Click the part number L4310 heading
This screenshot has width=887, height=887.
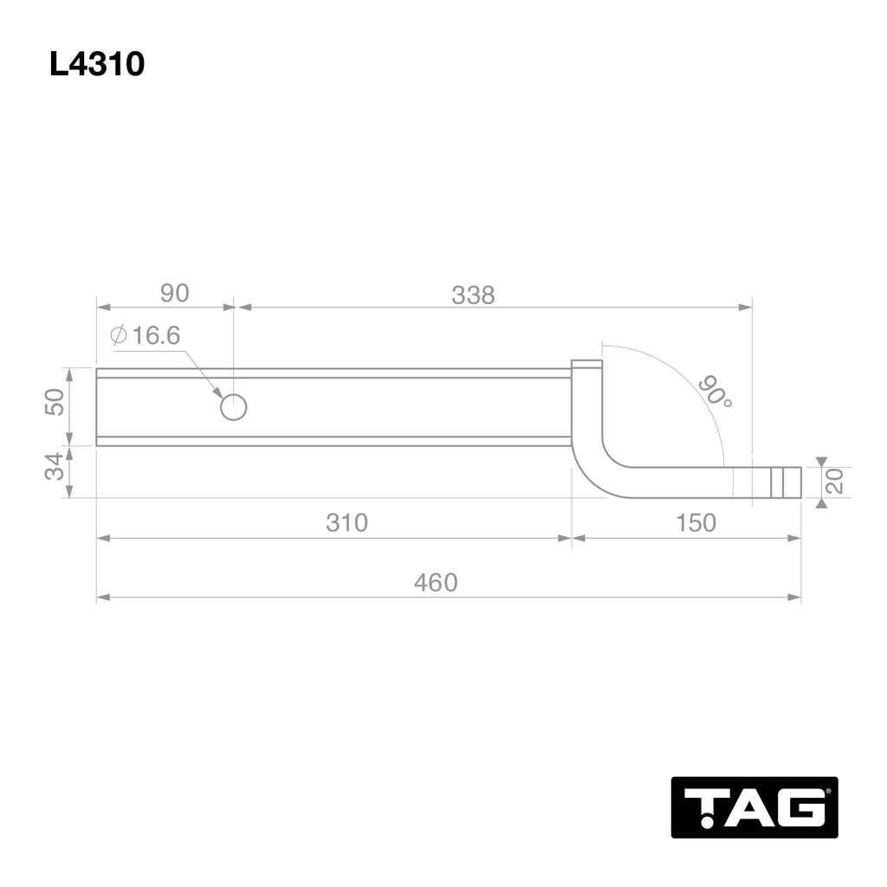click(97, 64)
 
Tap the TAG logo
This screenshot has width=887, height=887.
click(754, 807)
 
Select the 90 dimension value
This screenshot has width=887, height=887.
click(174, 294)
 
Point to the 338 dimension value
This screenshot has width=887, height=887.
click(473, 295)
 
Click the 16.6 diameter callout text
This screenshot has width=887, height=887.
click(156, 335)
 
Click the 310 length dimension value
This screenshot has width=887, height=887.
click(346, 523)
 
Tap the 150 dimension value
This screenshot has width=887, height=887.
click(695, 523)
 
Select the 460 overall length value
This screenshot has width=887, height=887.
click(435, 583)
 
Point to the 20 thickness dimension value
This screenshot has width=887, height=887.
click(836, 482)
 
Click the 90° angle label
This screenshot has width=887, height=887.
click(714, 392)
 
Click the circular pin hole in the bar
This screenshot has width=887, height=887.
click(233, 406)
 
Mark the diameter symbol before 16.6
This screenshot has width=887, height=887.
click(120, 335)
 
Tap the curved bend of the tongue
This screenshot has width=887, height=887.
click(598, 472)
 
